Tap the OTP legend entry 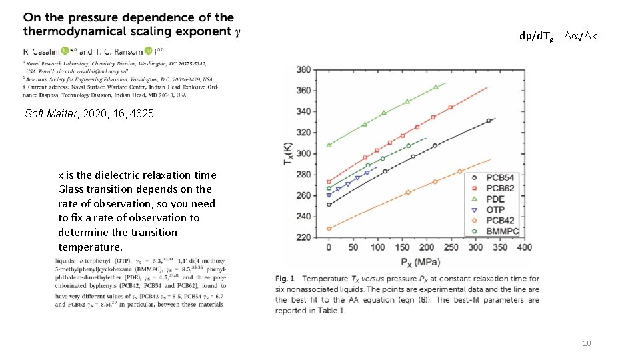490,210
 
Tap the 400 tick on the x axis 524,248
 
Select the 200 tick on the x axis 427,248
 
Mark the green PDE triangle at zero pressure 329,145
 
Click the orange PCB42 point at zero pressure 329,229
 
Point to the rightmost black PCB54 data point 489,121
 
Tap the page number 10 587,343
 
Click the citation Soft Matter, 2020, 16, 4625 89,114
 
